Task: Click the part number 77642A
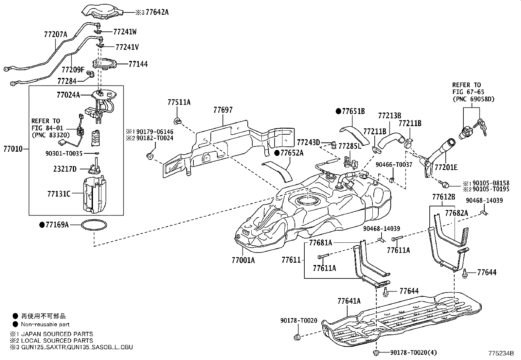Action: pos(157,12)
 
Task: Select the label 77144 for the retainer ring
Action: pos(138,64)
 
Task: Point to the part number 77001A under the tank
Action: pos(243,260)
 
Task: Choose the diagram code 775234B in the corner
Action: pos(501,354)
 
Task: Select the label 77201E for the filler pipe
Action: pos(446,167)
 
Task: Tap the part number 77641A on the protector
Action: pos(349,301)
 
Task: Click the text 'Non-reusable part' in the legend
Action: pos(45,325)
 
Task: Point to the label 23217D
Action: pos(65,169)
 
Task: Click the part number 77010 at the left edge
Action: pos(13,149)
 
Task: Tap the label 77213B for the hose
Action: pos(389,116)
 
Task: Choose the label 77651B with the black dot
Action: pos(353,111)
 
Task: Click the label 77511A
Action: pos(179,102)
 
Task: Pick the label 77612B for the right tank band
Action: pos(443,197)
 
